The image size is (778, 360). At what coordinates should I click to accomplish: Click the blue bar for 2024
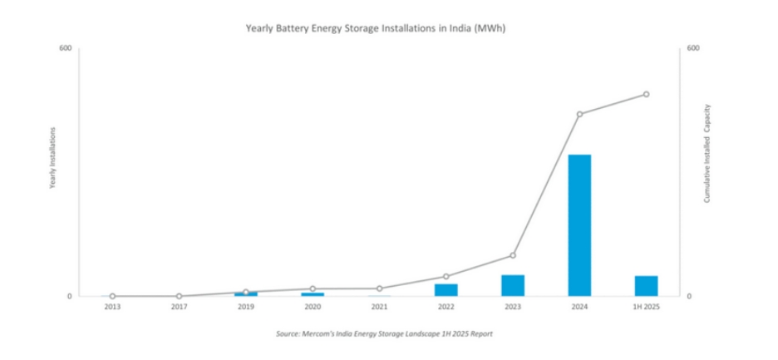point(579,224)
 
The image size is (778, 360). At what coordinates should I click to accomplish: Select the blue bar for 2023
point(513,285)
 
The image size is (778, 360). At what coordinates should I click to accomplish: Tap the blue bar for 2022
point(446,289)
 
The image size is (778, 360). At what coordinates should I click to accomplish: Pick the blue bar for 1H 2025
point(646,285)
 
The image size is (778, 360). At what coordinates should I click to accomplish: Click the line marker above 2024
point(579,114)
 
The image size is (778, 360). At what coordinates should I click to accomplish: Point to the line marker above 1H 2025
point(646,94)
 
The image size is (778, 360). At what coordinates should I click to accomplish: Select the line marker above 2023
point(513,255)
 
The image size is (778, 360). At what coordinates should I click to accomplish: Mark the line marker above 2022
point(446,276)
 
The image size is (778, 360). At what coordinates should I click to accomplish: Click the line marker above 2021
point(379,288)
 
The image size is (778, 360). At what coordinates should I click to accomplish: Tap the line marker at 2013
point(112,296)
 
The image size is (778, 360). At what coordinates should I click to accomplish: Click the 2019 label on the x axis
point(246,307)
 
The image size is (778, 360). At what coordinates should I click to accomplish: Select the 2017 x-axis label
point(179,307)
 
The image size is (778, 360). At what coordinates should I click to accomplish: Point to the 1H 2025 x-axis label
point(646,307)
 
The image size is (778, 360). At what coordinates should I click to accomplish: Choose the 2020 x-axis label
point(313,307)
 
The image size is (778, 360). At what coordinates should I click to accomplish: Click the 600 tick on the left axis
point(65,49)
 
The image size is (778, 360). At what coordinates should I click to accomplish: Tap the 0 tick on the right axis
point(689,296)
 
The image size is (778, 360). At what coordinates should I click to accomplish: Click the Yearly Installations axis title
point(52,158)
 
